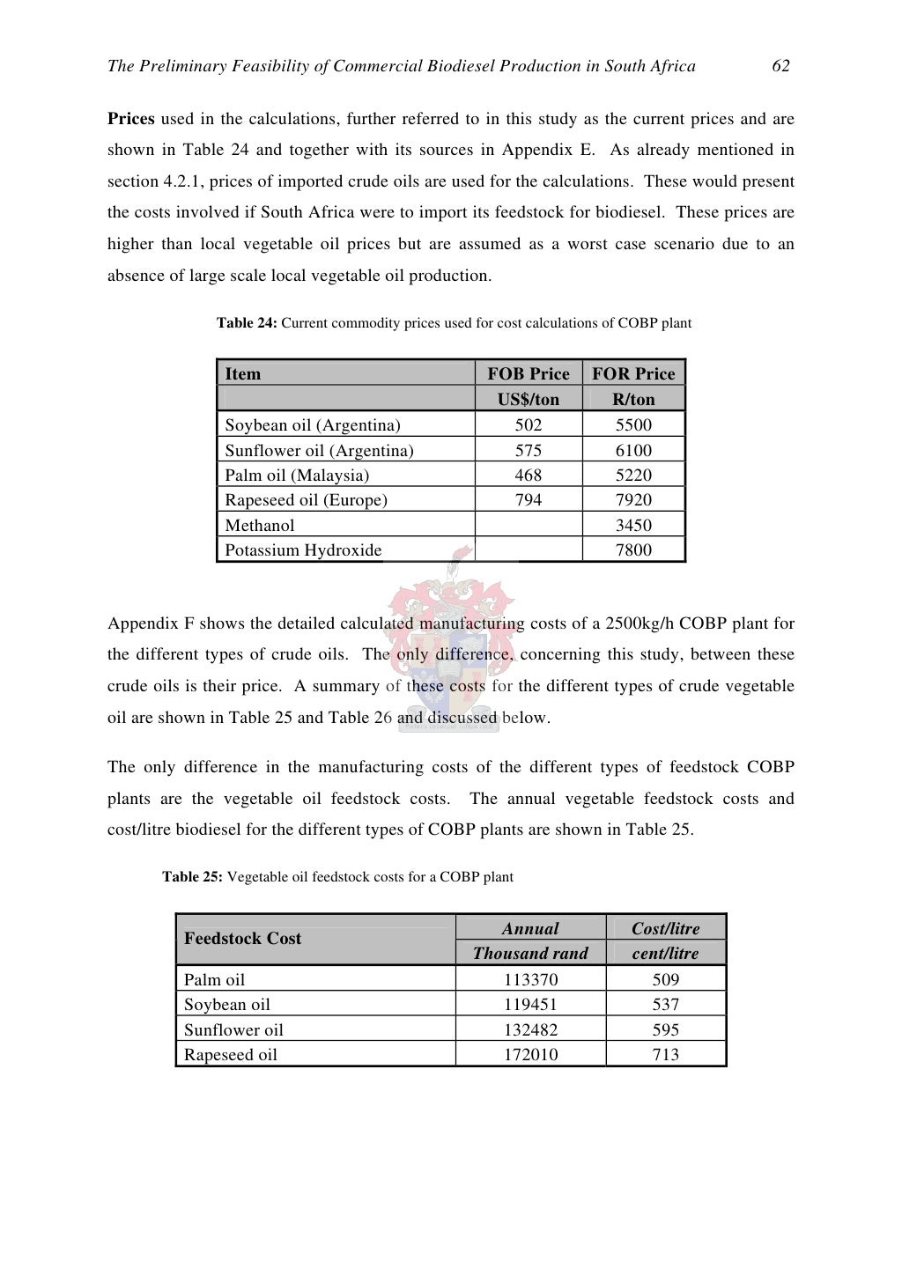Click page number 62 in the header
(780, 66)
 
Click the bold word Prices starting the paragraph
(131, 119)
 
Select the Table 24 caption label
(247, 323)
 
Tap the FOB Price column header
(529, 373)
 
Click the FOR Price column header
(633, 373)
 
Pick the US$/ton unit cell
(529, 399)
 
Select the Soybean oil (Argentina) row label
(313, 425)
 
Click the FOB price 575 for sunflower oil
(529, 450)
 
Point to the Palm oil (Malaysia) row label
(297, 476)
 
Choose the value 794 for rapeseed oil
(529, 500)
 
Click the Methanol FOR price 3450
(633, 526)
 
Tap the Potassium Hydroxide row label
(303, 550)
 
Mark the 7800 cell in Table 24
(633, 550)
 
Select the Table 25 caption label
(192, 877)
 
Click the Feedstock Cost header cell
(242, 939)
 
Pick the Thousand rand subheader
(530, 954)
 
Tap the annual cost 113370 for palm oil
(530, 979)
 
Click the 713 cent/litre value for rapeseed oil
(666, 1055)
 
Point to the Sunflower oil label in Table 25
(233, 1030)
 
